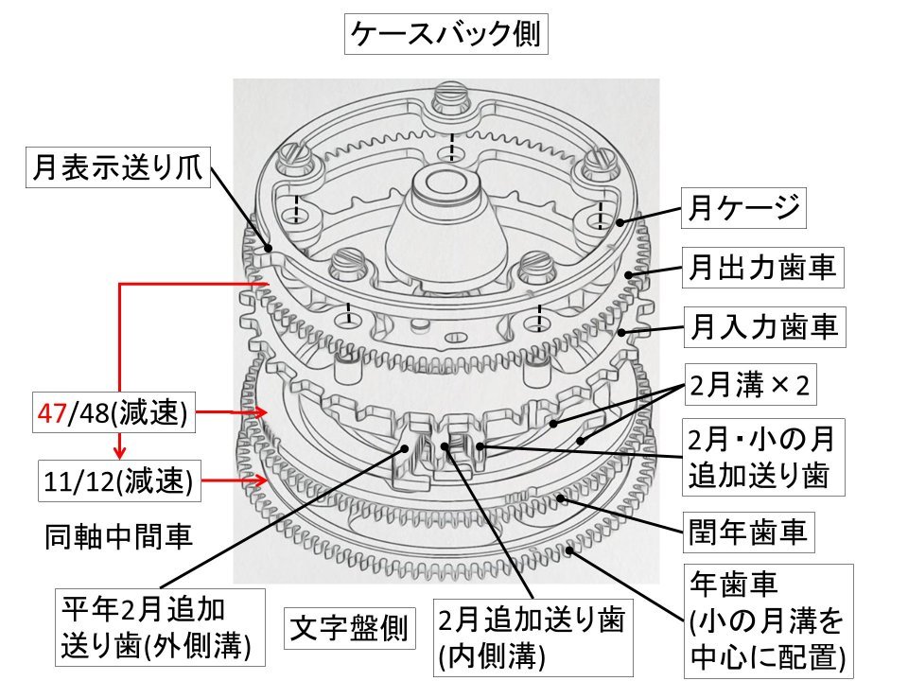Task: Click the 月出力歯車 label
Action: [762, 269]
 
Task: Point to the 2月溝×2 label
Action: [750, 388]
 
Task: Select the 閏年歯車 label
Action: [746, 533]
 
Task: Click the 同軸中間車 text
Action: [118, 537]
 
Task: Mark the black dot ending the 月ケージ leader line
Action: [620, 223]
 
